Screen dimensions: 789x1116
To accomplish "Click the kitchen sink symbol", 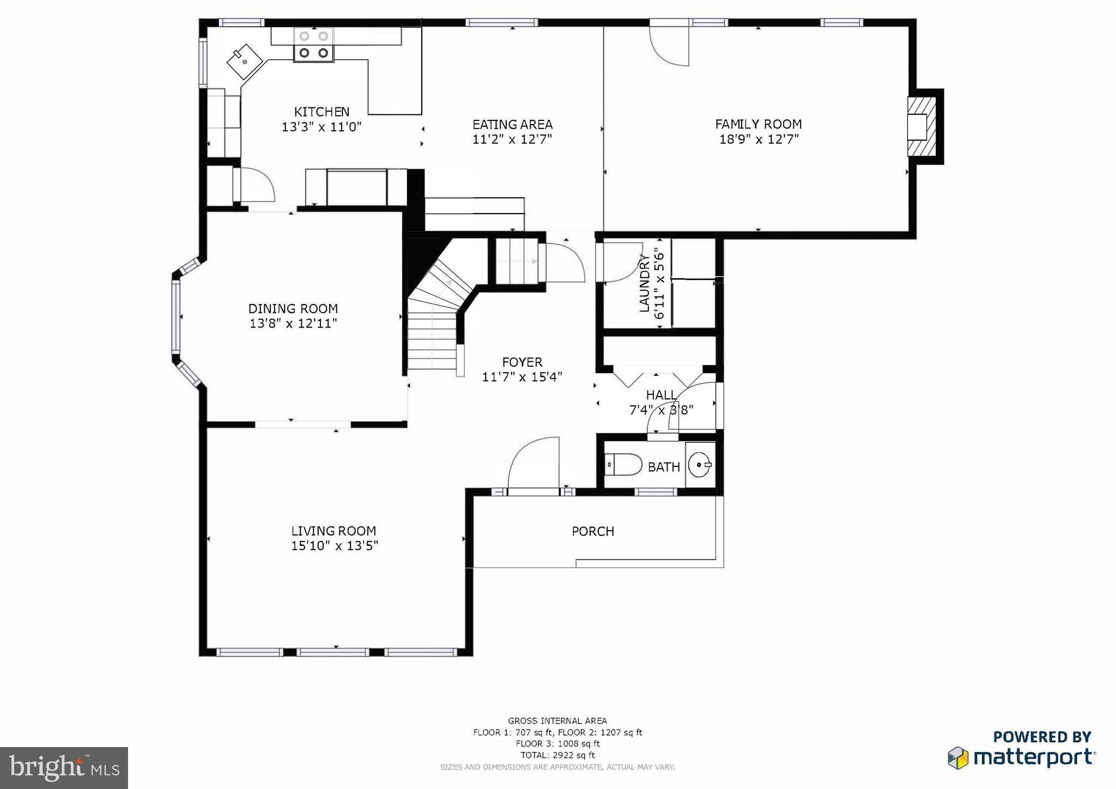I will [245, 62].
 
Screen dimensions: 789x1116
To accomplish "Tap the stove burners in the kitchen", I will [314, 45].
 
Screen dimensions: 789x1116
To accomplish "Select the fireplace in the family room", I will [922, 126].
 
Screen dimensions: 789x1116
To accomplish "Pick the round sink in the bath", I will [700, 465].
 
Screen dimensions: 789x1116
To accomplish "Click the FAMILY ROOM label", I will [758, 124].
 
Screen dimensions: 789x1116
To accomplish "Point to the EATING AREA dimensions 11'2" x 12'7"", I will [512, 139].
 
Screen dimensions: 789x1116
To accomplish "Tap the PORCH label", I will [592, 531].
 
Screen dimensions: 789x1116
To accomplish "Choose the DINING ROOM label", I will [293, 308].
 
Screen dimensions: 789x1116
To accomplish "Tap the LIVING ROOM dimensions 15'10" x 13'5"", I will [334, 546].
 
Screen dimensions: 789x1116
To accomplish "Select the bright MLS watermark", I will [64, 768].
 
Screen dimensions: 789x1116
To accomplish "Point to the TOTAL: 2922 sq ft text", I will [557, 755].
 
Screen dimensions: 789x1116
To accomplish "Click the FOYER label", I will [522, 362].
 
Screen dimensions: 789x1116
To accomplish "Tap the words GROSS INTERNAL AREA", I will [557, 721].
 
